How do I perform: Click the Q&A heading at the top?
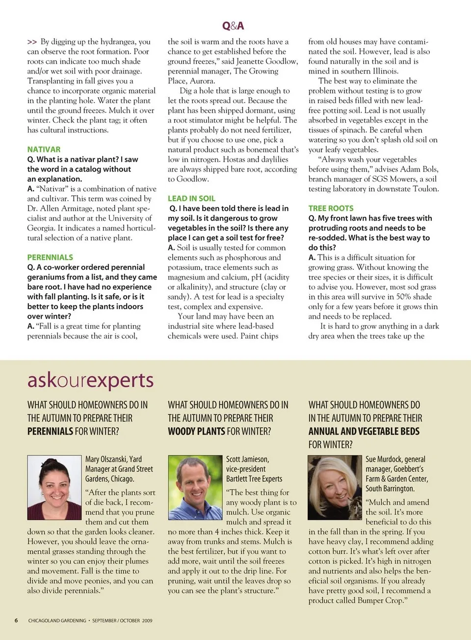click(x=233, y=26)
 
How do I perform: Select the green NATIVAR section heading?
click(x=44, y=150)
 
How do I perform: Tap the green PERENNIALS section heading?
click(x=50, y=257)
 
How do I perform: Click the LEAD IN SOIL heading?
click(x=191, y=199)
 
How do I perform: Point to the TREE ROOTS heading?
click(x=331, y=208)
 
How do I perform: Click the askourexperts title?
click(x=91, y=381)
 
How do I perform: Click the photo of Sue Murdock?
click(x=335, y=487)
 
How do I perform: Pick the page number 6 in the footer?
click(x=16, y=620)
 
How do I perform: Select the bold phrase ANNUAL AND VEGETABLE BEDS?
click(x=364, y=432)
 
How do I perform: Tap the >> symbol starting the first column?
click(x=32, y=42)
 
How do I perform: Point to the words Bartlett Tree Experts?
click(x=254, y=479)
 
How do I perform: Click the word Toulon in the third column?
click(x=426, y=189)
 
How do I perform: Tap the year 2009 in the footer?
click(x=147, y=620)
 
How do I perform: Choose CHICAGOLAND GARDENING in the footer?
click(x=57, y=620)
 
